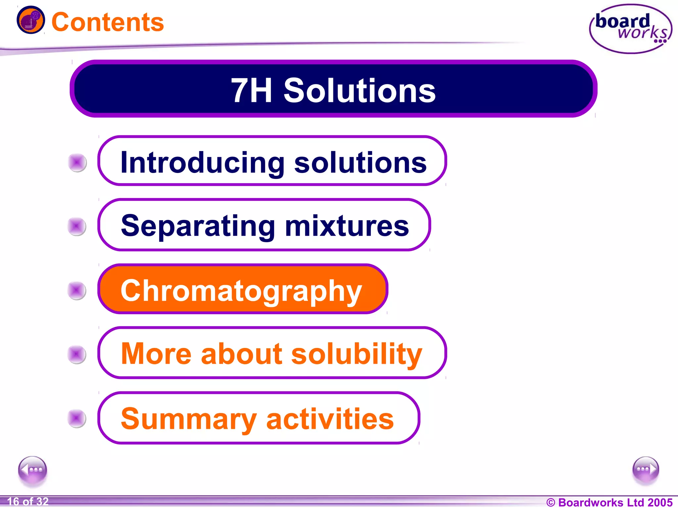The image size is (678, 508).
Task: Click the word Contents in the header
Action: tap(108, 22)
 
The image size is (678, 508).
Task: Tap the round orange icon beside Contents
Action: tap(30, 20)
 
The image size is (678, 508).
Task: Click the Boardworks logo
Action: tap(631, 29)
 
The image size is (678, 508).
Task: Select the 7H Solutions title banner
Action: tap(333, 89)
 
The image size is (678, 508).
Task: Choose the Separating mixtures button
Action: tap(264, 225)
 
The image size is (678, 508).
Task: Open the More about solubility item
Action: tap(271, 353)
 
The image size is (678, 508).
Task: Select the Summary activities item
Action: tap(258, 418)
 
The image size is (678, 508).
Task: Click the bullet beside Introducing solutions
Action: tap(77, 162)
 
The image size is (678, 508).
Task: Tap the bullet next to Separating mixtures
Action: tap(77, 227)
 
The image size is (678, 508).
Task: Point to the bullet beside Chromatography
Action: tap(77, 290)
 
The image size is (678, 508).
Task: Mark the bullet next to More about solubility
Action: tap(77, 354)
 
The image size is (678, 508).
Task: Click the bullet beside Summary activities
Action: tap(77, 418)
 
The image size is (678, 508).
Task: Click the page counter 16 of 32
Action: tap(28, 501)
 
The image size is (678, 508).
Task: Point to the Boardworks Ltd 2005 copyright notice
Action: tap(609, 502)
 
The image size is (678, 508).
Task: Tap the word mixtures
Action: tap(347, 226)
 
